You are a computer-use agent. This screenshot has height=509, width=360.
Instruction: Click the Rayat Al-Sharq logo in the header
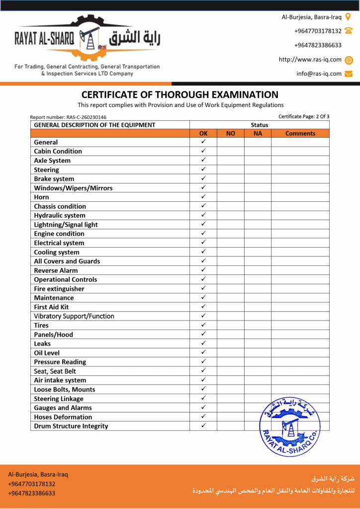pos(87,40)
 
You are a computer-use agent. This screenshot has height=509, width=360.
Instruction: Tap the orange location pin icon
pos(348,17)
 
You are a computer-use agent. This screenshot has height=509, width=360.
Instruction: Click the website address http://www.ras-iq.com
pos(310,60)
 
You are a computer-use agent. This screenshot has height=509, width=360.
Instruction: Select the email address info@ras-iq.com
pos(319,74)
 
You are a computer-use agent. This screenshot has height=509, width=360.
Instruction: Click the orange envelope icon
pos(349,74)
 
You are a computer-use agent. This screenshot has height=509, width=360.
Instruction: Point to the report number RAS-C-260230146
pos(68,117)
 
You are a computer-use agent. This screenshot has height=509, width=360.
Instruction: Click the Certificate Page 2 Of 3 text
pos(304,116)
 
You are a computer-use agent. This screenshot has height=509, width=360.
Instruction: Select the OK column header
pos(203,133)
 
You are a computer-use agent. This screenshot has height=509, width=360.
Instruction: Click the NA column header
pos(258,133)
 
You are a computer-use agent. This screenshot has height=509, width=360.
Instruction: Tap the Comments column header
pos(300,133)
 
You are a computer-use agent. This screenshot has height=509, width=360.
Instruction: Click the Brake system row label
pos(54,179)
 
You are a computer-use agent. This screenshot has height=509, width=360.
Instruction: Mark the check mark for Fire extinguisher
pos(203,288)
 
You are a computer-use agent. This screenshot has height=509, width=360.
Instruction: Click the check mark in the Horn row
pos(203,197)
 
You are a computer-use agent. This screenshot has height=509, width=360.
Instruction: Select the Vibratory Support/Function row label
pos(74,316)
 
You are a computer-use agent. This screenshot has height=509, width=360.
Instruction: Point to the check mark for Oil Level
pos(203,352)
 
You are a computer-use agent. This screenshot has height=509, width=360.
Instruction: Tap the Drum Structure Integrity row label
pos(71,426)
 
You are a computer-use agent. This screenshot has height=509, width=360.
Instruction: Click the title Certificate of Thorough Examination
pos(180,94)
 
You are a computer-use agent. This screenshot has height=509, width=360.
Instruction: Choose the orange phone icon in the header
pos(349,31)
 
